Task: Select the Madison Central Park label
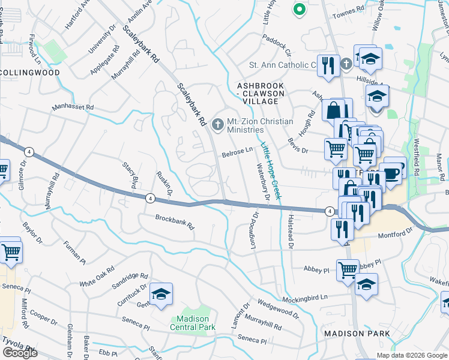click(193, 323)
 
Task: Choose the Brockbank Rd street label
click(175, 223)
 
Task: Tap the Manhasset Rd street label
click(73, 107)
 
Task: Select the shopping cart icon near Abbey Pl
click(348, 270)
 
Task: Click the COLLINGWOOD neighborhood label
click(30, 73)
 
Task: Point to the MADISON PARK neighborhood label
click(357, 334)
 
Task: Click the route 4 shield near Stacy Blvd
click(149, 197)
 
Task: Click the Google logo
click(19, 353)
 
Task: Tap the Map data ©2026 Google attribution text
click(411, 355)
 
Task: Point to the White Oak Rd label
click(97, 276)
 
